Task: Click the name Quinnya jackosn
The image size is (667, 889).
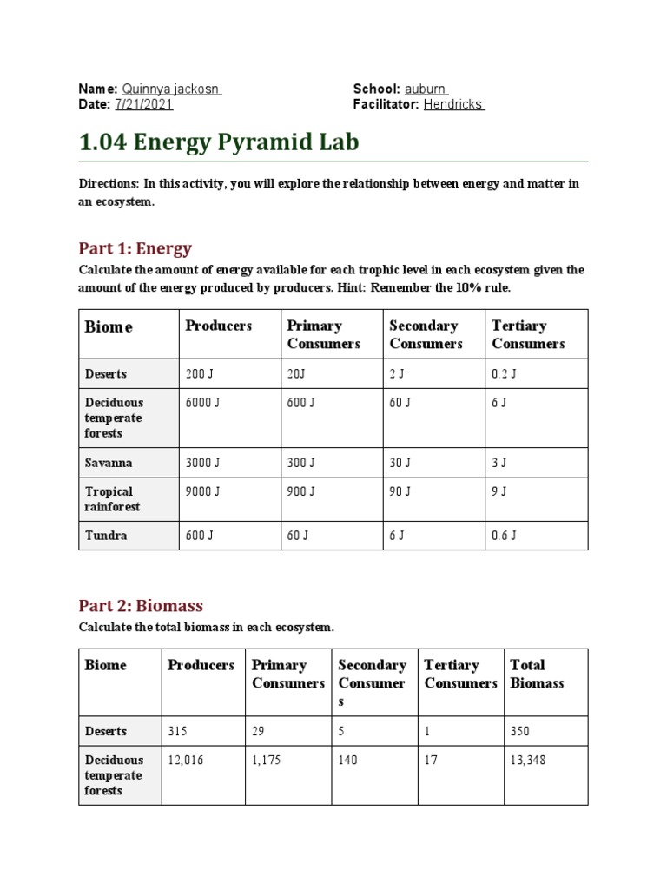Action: pos(172,89)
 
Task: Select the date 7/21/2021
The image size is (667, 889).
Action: pos(143,104)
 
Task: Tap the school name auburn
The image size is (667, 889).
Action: pos(426,89)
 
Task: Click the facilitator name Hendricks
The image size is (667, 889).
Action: pos(453,104)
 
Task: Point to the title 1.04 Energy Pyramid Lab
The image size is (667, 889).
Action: pos(219,142)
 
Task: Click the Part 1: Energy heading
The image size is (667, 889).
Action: pos(135,248)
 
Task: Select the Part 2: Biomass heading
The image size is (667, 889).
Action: pos(141,605)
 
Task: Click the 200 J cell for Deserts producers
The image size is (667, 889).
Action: pos(199,374)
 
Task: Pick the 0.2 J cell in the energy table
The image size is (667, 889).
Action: pos(505,374)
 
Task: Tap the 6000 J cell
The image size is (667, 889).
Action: pos(203,403)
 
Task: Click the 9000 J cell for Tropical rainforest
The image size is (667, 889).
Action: pos(203,491)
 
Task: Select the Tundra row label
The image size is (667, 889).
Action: pos(106,536)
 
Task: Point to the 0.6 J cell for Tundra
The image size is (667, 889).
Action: pos(505,536)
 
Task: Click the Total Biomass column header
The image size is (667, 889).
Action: pos(536,674)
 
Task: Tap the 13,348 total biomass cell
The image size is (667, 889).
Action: pos(528,761)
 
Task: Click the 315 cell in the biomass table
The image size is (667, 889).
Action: pos(177,731)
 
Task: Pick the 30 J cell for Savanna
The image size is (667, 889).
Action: pos(400,463)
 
